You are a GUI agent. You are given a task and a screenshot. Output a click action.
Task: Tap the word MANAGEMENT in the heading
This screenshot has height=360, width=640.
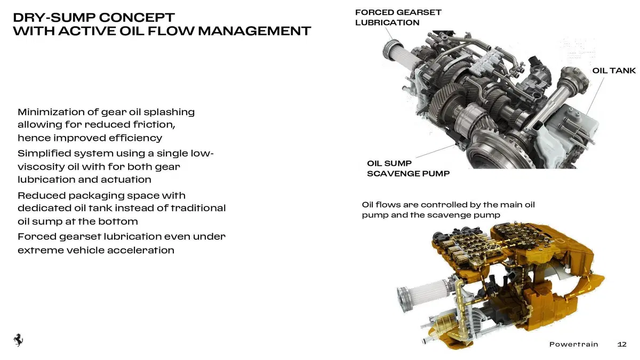click(254, 31)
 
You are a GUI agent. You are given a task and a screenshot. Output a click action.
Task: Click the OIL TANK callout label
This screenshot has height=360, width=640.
click(614, 70)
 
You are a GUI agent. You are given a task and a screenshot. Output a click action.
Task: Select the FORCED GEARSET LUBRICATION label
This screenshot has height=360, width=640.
click(398, 18)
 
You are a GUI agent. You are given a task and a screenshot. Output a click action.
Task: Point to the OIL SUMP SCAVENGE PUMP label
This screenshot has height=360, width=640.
click(409, 169)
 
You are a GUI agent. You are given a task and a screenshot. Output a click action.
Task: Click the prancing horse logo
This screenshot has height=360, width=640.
click(18, 340)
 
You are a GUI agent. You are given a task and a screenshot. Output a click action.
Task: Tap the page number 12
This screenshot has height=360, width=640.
click(622, 345)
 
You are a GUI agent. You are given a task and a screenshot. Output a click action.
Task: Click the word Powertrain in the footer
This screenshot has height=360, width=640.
click(574, 345)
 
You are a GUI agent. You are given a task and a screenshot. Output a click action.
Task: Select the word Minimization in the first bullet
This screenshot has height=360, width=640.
click(51, 111)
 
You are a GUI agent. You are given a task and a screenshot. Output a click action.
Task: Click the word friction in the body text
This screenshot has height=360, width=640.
click(154, 125)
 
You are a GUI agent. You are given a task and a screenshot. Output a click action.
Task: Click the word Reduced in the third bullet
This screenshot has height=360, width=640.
click(42, 195)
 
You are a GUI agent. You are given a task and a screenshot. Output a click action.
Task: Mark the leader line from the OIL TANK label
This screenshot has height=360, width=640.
click(595, 95)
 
